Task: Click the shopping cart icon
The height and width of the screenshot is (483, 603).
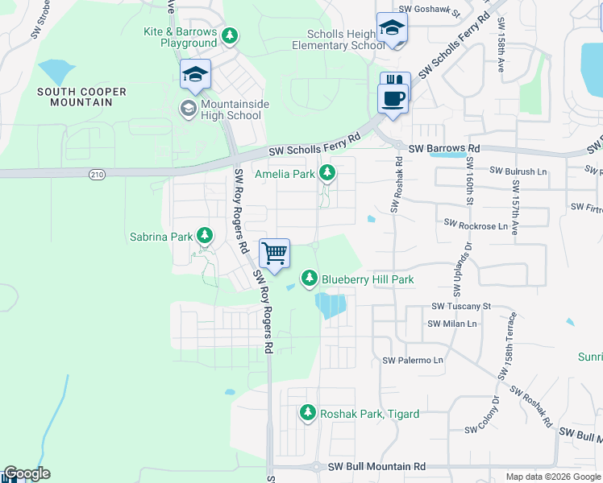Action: (x=274, y=254)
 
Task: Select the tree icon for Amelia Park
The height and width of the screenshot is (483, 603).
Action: (x=327, y=172)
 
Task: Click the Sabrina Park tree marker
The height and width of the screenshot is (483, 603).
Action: (x=206, y=236)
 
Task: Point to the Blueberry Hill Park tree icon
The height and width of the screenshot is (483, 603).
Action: (x=309, y=279)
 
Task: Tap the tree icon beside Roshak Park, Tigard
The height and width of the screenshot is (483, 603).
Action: (x=307, y=413)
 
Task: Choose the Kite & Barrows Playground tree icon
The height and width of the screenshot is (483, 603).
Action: (x=230, y=35)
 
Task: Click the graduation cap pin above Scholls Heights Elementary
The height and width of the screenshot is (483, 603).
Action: (x=391, y=29)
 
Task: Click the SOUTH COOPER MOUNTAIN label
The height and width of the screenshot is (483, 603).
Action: (x=81, y=97)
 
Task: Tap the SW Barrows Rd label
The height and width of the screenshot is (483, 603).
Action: (x=443, y=149)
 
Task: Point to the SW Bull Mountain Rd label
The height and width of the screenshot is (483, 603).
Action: (x=374, y=466)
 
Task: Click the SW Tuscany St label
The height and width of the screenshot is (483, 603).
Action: (x=461, y=306)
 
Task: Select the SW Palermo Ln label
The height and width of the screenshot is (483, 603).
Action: (x=413, y=360)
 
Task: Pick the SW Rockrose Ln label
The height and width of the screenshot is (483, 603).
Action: (x=476, y=226)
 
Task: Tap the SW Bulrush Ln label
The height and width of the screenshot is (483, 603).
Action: (x=518, y=171)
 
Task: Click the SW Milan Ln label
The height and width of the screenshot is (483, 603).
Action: (x=452, y=324)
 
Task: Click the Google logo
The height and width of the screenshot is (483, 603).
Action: (x=27, y=473)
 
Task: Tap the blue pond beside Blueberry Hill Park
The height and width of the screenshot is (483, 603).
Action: (x=332, y=305)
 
